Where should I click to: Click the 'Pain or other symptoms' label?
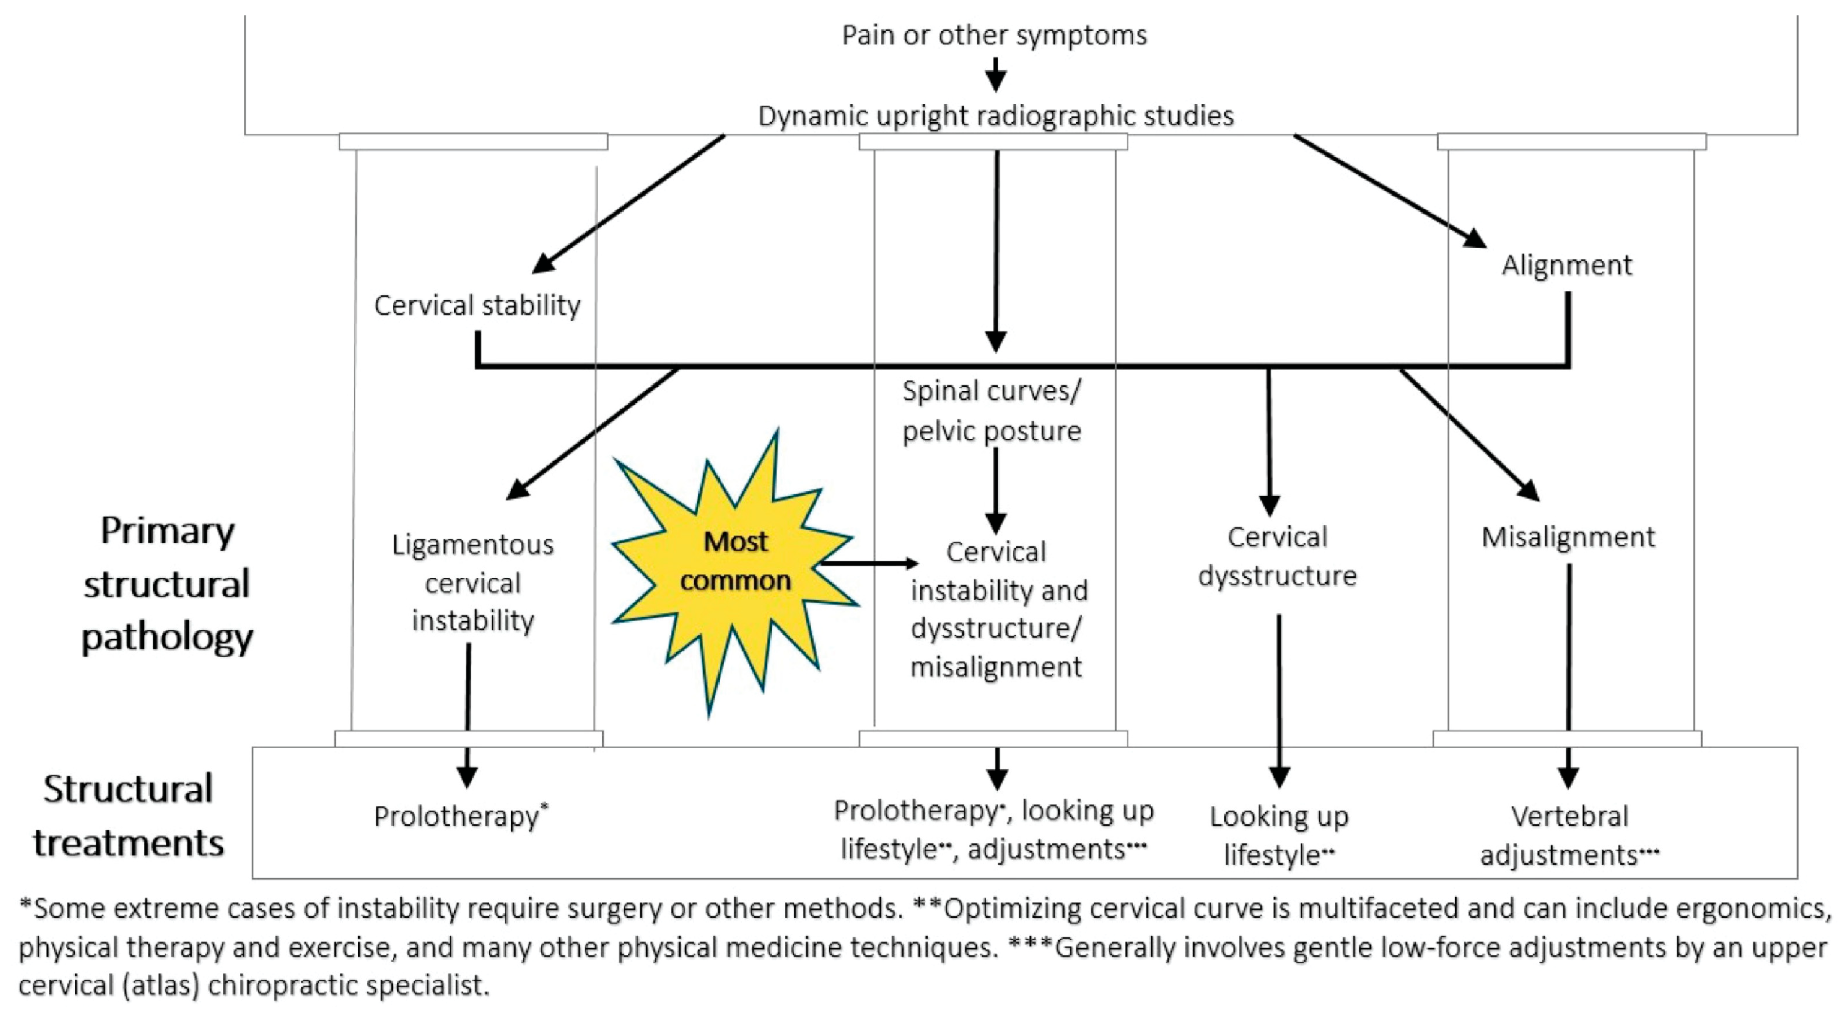[994, 35]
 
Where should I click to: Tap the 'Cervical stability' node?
[477, 306]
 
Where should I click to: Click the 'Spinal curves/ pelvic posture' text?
[992, 411]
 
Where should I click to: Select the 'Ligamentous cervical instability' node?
[473, 582]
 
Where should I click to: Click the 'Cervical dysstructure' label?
[1277, 556]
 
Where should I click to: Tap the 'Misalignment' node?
[1568, 537]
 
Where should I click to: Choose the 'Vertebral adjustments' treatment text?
[1569, 835]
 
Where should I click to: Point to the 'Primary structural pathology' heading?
[167, 584]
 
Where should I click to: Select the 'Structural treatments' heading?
[128, 816]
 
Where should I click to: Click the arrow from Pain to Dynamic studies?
[996, 74]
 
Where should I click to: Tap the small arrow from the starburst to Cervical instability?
[868, 564]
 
